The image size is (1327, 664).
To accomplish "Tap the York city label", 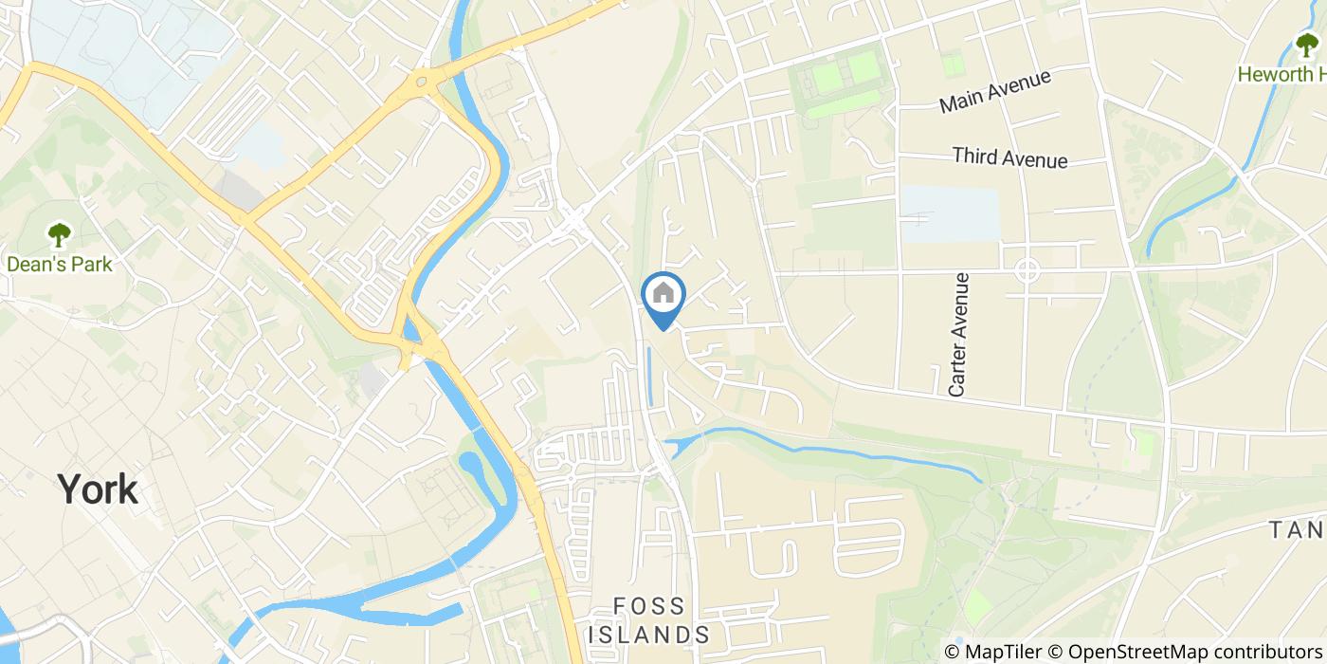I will [98, 489].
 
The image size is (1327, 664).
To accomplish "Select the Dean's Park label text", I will [59, 264].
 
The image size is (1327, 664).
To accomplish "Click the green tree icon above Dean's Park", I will [59, 234].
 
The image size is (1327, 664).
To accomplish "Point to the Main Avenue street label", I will [995, 91].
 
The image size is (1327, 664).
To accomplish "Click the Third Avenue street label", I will [1009, 157].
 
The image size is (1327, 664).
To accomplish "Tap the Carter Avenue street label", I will [959, 334].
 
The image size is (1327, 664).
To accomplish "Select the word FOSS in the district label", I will [649, 606].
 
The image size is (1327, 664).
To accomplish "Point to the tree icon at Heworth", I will [1307, 45].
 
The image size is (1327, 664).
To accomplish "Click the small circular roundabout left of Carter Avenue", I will [1027, 270].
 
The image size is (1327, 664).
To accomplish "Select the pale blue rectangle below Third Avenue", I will [949, 213].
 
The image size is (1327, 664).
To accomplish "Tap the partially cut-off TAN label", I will [1298, 528].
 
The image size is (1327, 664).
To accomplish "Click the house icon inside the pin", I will [663, 293].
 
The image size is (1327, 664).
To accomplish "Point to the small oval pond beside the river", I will [469, 465].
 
